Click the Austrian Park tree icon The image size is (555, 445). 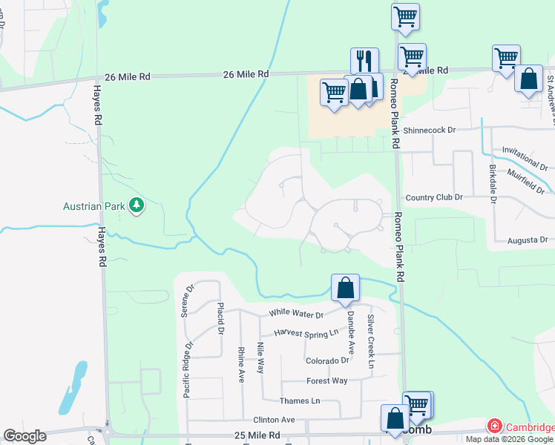tap(136, 205)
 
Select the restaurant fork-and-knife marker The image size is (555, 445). tap(364, 61)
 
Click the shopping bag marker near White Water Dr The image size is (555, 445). tap(345, 288)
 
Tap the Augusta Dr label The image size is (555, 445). tap(528, 240)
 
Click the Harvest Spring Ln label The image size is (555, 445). tap(306, 334)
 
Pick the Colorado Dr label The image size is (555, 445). tap(327, 361)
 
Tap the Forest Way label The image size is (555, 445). tap(327, 381)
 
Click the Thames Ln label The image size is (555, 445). tap(300, 401)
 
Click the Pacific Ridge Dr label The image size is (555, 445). tap(188, 369)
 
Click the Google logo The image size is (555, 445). tap(24, 436)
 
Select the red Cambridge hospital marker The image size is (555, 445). tap(493, 426)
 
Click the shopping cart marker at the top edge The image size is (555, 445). tap(405, 17)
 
